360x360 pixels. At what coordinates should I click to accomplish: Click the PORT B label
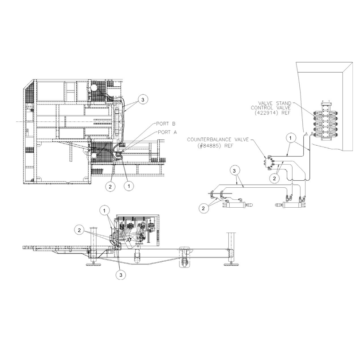tap(166, 124)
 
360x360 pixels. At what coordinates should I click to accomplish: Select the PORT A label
tap(167, 132)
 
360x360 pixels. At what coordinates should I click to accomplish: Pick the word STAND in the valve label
tap(283, 103)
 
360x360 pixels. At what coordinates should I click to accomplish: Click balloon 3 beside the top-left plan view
tap(143, 100)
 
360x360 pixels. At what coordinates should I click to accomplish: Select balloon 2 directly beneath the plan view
tap(110, 187)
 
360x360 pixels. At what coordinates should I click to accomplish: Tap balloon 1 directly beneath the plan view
tap(129, 186)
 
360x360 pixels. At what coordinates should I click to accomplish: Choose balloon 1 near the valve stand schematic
tap(291, 138)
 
